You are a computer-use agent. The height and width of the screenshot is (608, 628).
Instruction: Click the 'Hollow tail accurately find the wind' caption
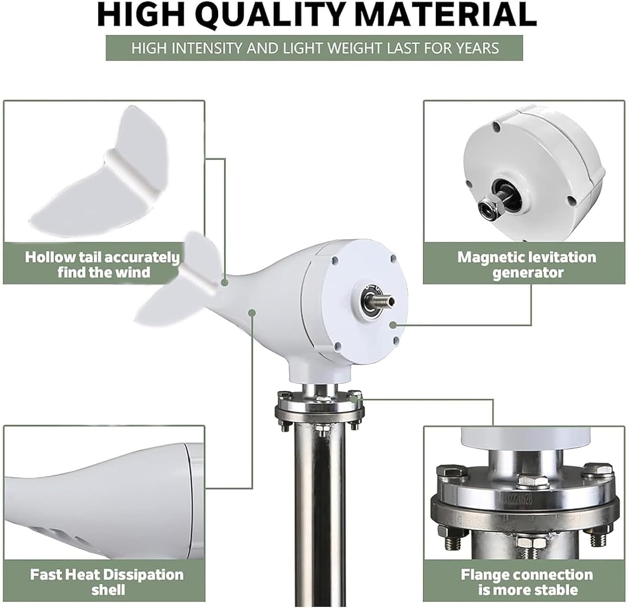103,264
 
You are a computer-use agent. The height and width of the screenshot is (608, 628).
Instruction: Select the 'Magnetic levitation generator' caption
526,264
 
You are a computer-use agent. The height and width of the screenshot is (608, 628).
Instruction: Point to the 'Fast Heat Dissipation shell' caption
106,582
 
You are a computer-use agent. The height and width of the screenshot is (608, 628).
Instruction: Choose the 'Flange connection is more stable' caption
527,582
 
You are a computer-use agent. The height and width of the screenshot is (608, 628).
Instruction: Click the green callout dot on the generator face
392,324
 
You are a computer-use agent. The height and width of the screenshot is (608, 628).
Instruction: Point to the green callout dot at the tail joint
225,283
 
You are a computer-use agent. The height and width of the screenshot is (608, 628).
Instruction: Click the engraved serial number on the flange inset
515,500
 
